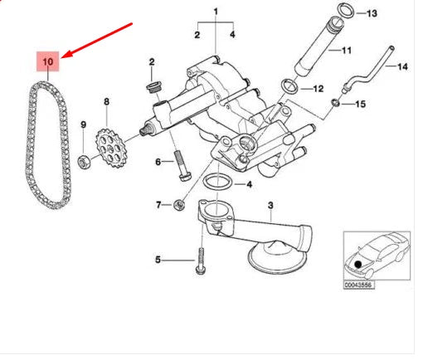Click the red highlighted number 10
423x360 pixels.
(47, 62)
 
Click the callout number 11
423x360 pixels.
(347, 51)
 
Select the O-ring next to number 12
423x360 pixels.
(287, 85)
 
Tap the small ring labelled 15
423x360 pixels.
(335, 103)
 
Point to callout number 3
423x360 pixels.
(270, 205)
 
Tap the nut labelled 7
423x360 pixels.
(179, 204)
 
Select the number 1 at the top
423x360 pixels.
(216, 12)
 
